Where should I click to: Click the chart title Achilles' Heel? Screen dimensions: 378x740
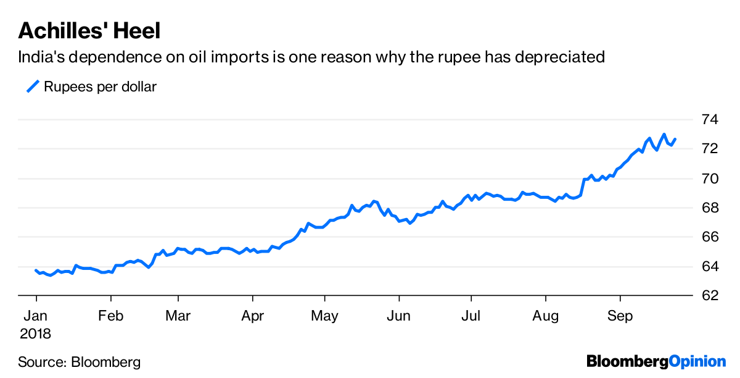click(x=90, y=30)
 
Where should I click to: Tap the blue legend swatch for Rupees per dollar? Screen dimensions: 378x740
click(x=33, y=86)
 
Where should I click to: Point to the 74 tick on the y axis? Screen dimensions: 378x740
click(x=712, y=120)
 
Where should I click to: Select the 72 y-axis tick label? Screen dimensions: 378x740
click(x=712, y=149)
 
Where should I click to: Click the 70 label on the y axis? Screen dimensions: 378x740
click(x=712, y=178)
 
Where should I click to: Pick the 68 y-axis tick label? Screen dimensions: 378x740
click(x=712, y=208)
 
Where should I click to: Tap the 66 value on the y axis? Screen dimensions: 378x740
click(x=712, y=237)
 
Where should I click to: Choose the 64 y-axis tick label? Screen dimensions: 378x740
click(x=712, y=266)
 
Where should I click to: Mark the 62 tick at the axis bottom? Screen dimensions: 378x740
click(x=712, y=295)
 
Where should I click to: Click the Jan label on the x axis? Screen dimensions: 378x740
click(x=36, y=317)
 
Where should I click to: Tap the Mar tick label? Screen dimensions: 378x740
click(x=178, y=317)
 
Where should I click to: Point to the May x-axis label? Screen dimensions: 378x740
click(x=324, y=317)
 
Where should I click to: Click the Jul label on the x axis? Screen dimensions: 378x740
click(x=471, y=317)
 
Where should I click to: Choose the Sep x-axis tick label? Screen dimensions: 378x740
click(x=620, y=317)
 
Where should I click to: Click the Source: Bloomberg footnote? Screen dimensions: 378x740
click(x=80, y=362)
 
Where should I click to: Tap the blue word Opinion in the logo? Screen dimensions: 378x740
click(x=698, y=361)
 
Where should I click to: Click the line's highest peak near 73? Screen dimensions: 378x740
click(x=664, y=134)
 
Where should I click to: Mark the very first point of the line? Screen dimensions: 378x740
click(x=36, y=271)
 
